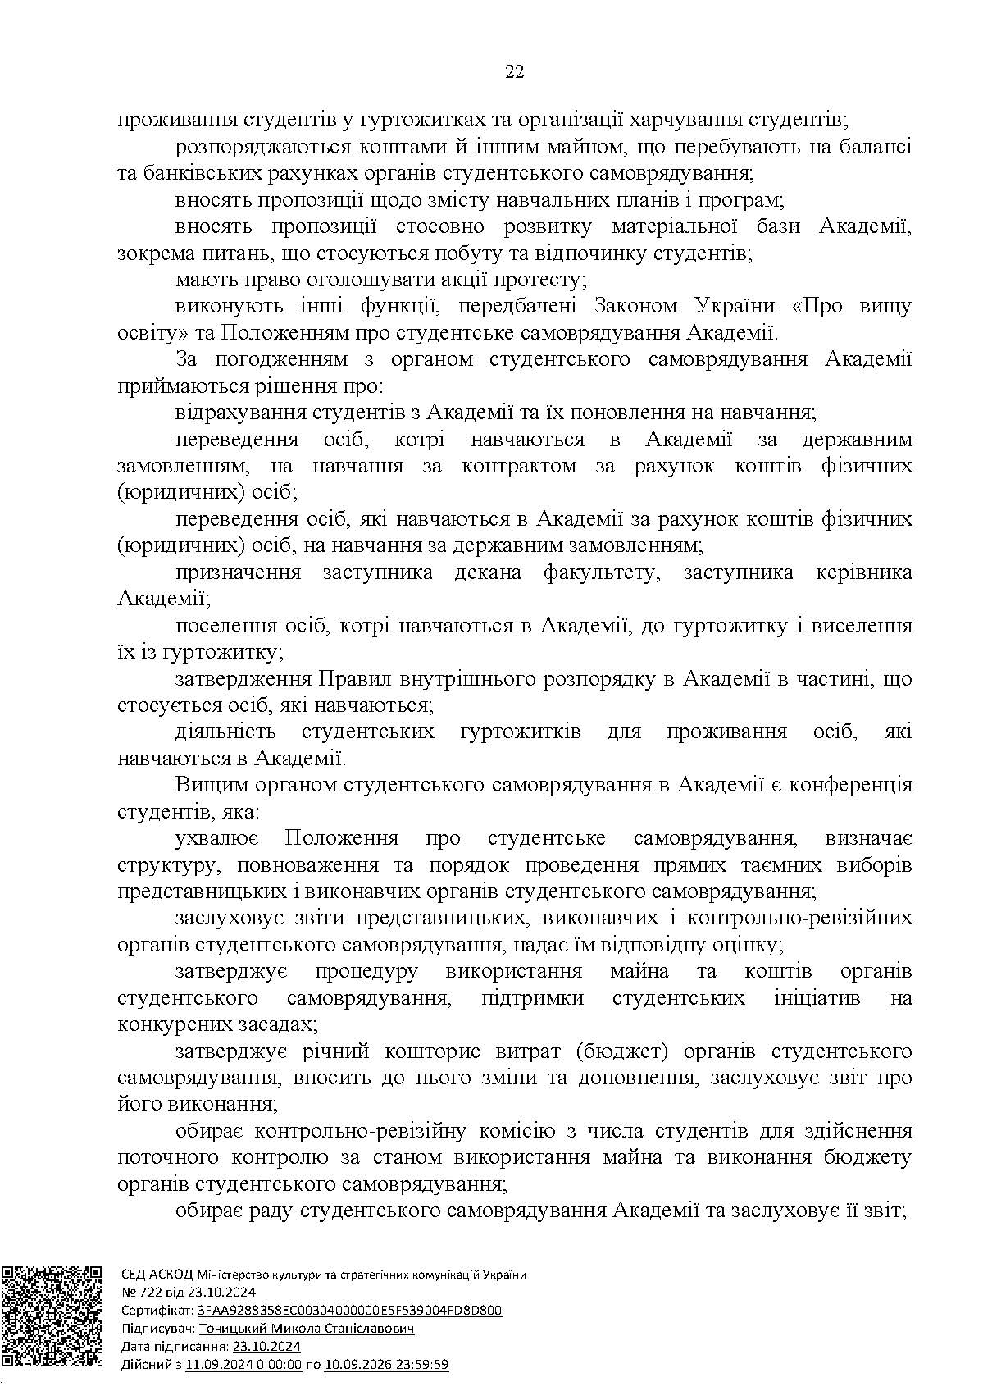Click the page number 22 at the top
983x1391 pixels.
click(514, 72)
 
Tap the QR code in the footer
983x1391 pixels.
click(51, 1321)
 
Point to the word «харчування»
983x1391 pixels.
click(685, 120)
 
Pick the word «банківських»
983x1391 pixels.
click(191, 173)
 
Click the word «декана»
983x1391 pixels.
click(488, 572)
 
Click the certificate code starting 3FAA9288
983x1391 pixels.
click(348, 1311)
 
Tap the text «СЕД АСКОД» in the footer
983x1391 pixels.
click(156, 1275)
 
